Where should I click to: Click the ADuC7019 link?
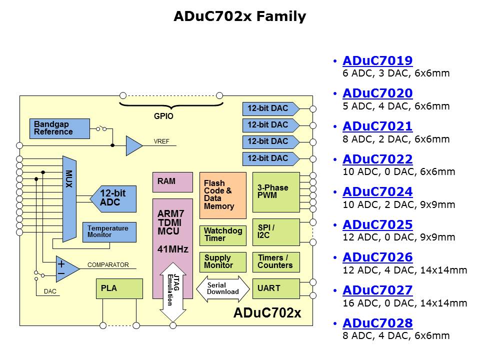pyautogui.click(x=377, y=61)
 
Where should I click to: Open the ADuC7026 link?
pyautogui.click(x=377, y=257)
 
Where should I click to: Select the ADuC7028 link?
pyautogui.click(x=377, y=323)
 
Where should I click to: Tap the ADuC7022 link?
pyautogui.click(x=377, y=159)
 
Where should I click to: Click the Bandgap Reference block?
pyautogui.click(x=59, y=128)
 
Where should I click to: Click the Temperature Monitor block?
pyautogui.click(x=109, y=232)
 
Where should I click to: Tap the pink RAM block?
pyautogui.click(x=172, y=182)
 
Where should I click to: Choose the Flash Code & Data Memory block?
pyautogui.click(x=223, y=195)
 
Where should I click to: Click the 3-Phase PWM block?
pyautogui.click(x=276, y=192)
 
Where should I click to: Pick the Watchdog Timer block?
pyautogui.click(x=223, y=235)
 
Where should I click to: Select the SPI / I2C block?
pyautogui.click(x=276, y=232)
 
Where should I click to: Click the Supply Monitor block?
pyautogui.click(x=223, y=262)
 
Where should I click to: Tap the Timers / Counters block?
pyautogui.click(x=276, y=262)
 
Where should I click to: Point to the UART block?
pyautogui.click(x=276, y=288)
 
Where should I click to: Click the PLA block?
pyautogui.click(x=119, y=288)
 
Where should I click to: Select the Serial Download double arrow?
pyautogui.click(x=222, y=289)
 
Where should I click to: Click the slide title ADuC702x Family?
pyautogui.click(x=240, y=17)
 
